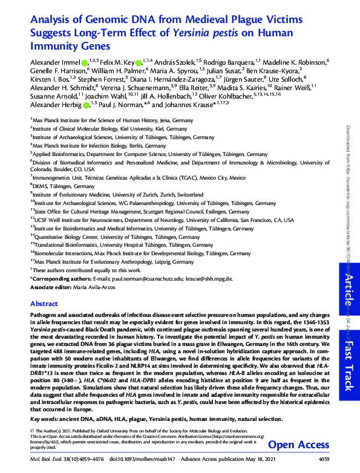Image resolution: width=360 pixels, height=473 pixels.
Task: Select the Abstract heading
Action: coord(44,304)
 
